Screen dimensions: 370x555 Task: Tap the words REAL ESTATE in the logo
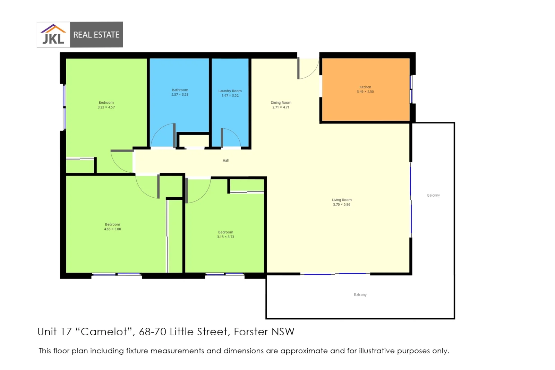tap(96, 35)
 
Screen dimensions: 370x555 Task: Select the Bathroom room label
tap(180, 90)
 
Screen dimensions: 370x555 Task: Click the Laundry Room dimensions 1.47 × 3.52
tap(230, 96)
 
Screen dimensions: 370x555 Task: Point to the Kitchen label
tap(365, 87)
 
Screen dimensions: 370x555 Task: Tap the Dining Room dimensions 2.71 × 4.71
tap(281, 107)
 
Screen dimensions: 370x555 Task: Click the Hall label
tap(225, 161)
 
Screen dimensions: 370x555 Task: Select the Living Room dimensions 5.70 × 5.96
tap(341, 205)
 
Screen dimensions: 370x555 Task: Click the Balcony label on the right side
tap(433, 195)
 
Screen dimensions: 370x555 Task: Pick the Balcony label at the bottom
tap(360, 295)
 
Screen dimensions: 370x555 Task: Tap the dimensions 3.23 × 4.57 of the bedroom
tap(106, 107)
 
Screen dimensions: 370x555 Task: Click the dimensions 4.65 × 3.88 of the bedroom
tap(112, 229)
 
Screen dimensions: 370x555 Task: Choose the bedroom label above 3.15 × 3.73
tap(225, 232)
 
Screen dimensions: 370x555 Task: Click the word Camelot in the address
tap(104, 332)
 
